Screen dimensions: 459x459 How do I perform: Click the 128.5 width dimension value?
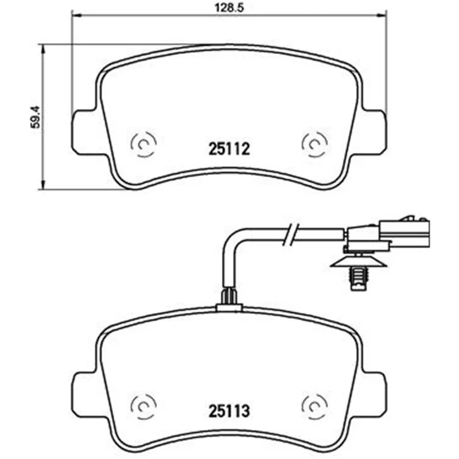229,7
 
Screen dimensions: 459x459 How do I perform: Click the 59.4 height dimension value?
36,117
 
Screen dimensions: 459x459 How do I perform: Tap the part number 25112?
229,149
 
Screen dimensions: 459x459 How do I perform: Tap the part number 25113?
229,411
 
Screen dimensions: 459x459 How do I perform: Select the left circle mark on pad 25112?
143,144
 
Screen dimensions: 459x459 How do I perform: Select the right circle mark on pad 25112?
314,144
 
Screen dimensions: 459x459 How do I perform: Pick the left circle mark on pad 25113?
143,407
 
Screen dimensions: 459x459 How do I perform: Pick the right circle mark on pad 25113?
314,407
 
